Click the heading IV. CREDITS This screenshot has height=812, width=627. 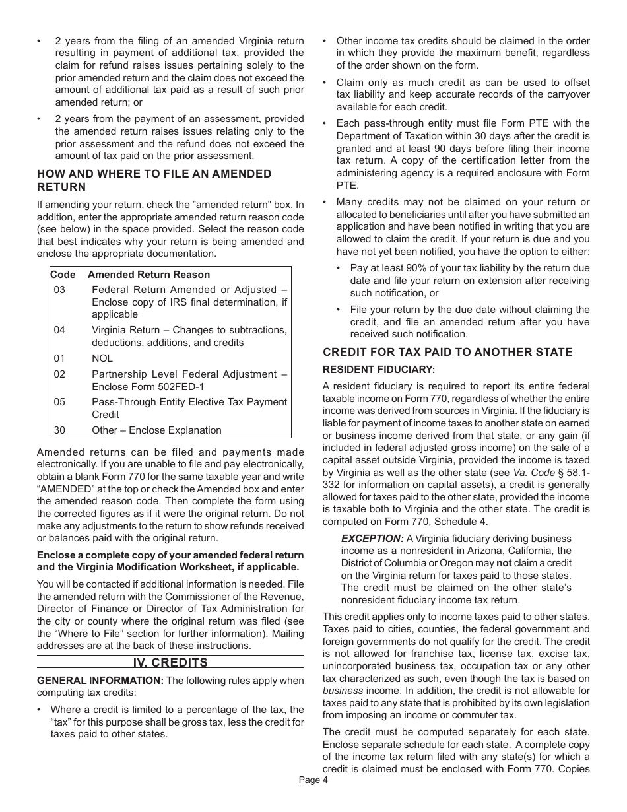pos(170,662)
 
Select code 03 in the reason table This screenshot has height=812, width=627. pos(60,290)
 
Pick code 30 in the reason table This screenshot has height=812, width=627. pos(60,430)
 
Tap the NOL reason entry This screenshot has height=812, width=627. pos(102,358)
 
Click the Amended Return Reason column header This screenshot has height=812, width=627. pos(148,275)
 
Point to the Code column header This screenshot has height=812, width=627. pos(63,275)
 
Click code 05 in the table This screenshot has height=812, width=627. pos(60,402)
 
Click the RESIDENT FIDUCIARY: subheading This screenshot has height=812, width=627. pos(379,370)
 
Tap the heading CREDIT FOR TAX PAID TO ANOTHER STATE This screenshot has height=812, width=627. pos(447,352)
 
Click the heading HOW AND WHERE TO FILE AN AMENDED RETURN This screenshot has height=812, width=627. pos(154,180)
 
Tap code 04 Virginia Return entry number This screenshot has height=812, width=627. pos(60,330)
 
